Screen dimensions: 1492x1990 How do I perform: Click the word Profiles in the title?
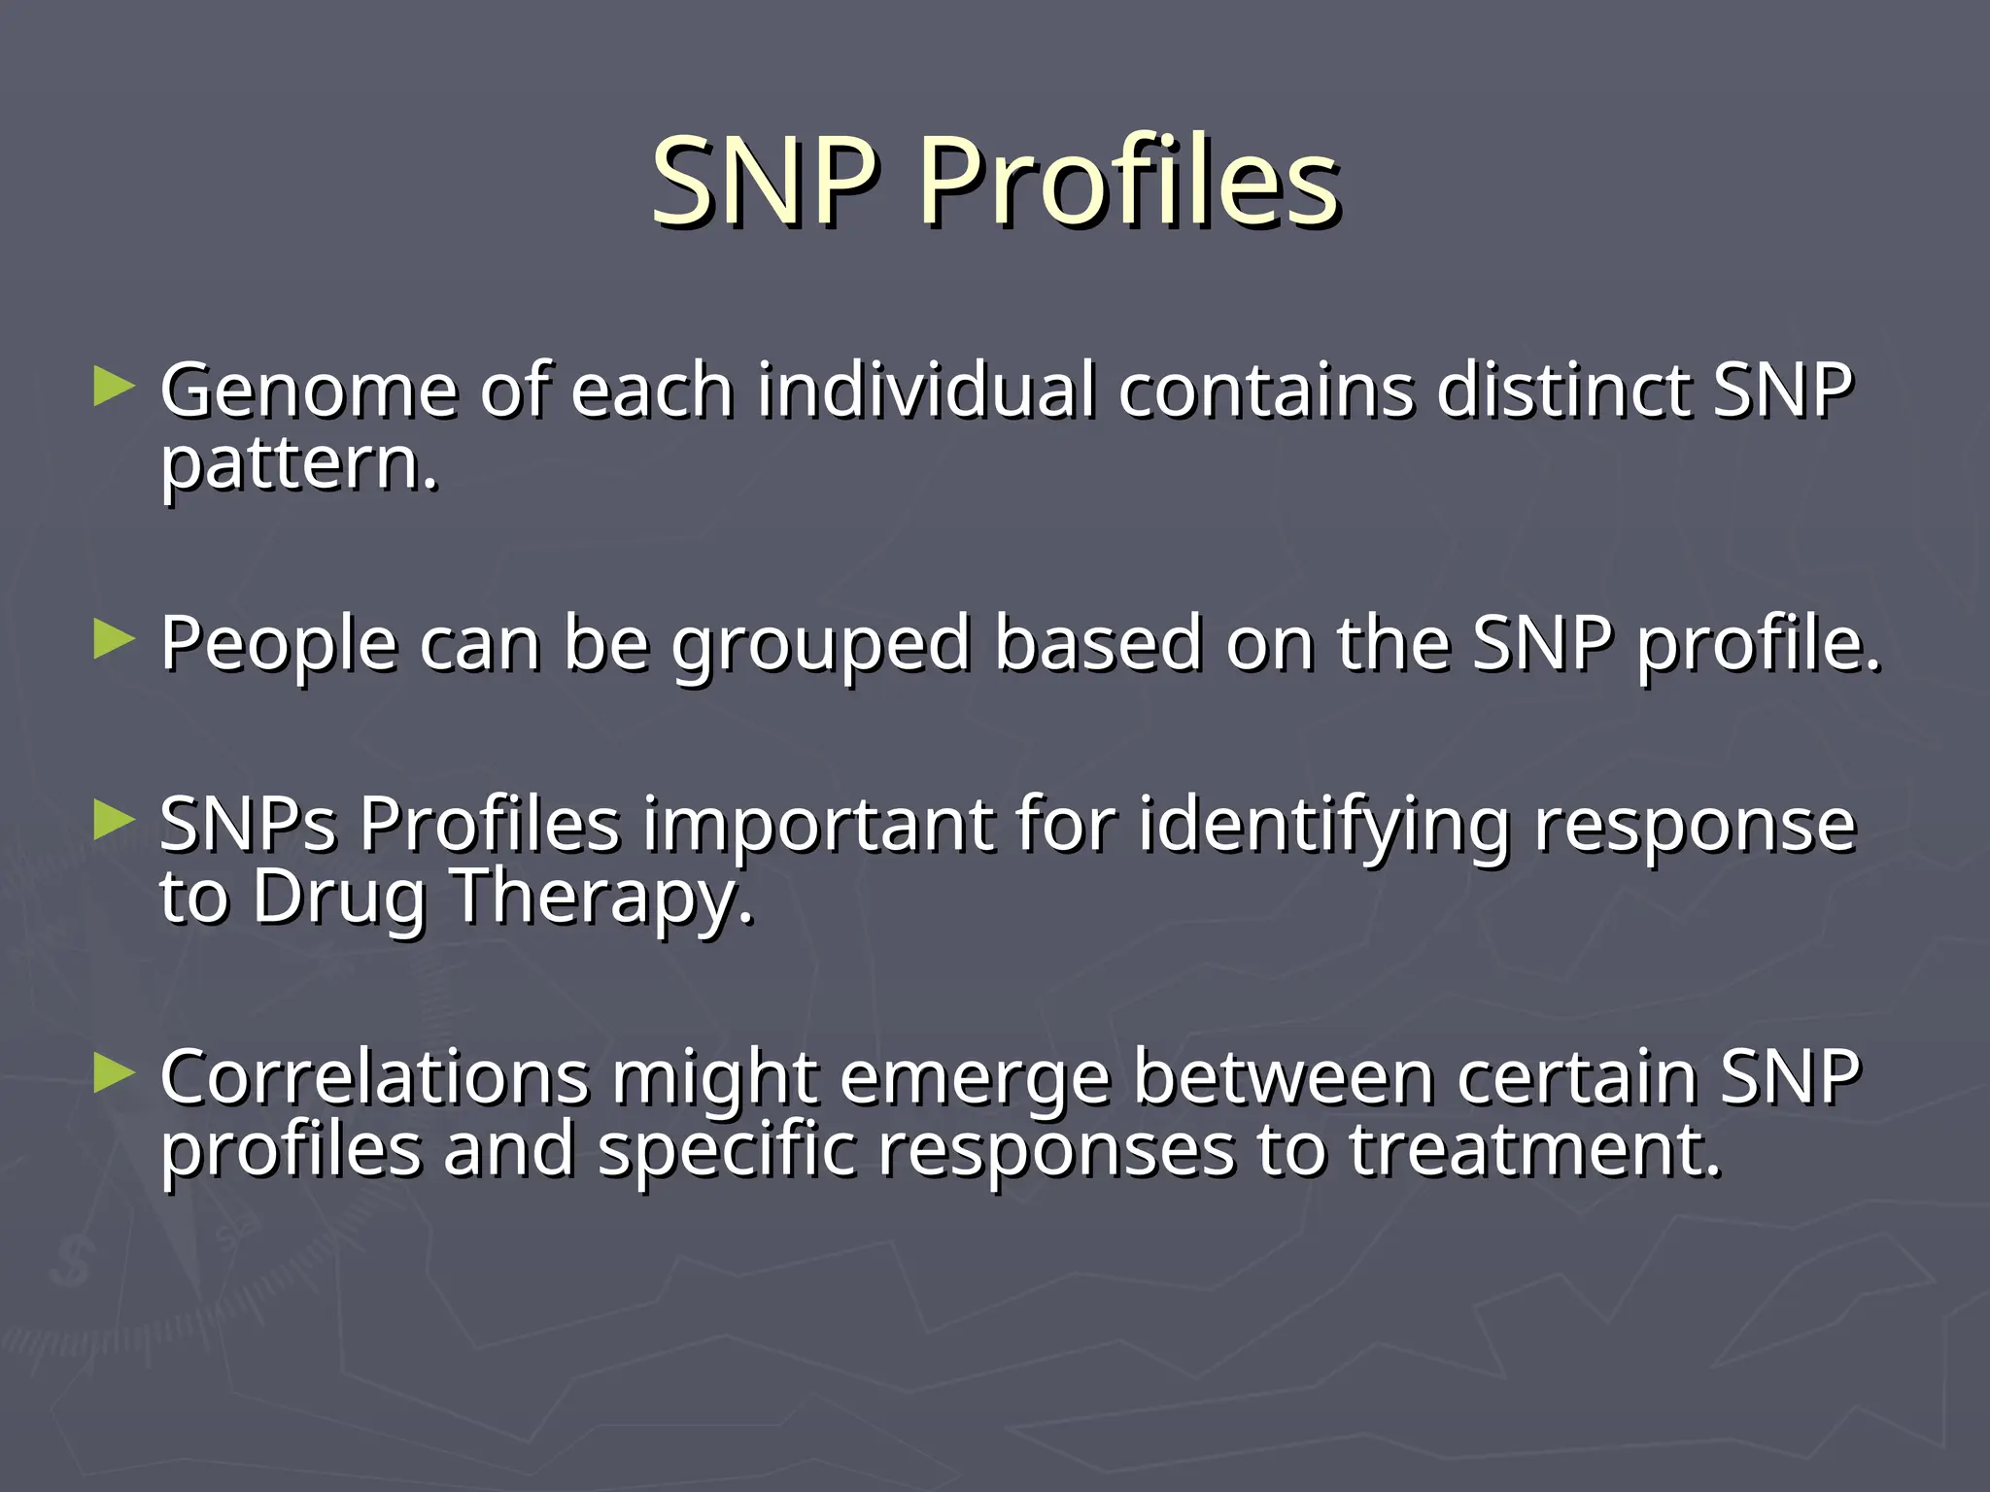coord(1129,183)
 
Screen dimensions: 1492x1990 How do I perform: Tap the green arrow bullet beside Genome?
coord(114,388)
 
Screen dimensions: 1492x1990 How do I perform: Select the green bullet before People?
coord(114,640)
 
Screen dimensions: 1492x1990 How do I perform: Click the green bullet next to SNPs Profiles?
coord(114,821)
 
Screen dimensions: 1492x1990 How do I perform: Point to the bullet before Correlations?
coord(114,1074)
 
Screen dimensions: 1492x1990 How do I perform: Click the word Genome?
coord(308,391)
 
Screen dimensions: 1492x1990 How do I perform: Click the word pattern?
coord(298,466)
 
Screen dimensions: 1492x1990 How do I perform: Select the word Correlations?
coord(375,1077)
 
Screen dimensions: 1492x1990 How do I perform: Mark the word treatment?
coord(1535,1152)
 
